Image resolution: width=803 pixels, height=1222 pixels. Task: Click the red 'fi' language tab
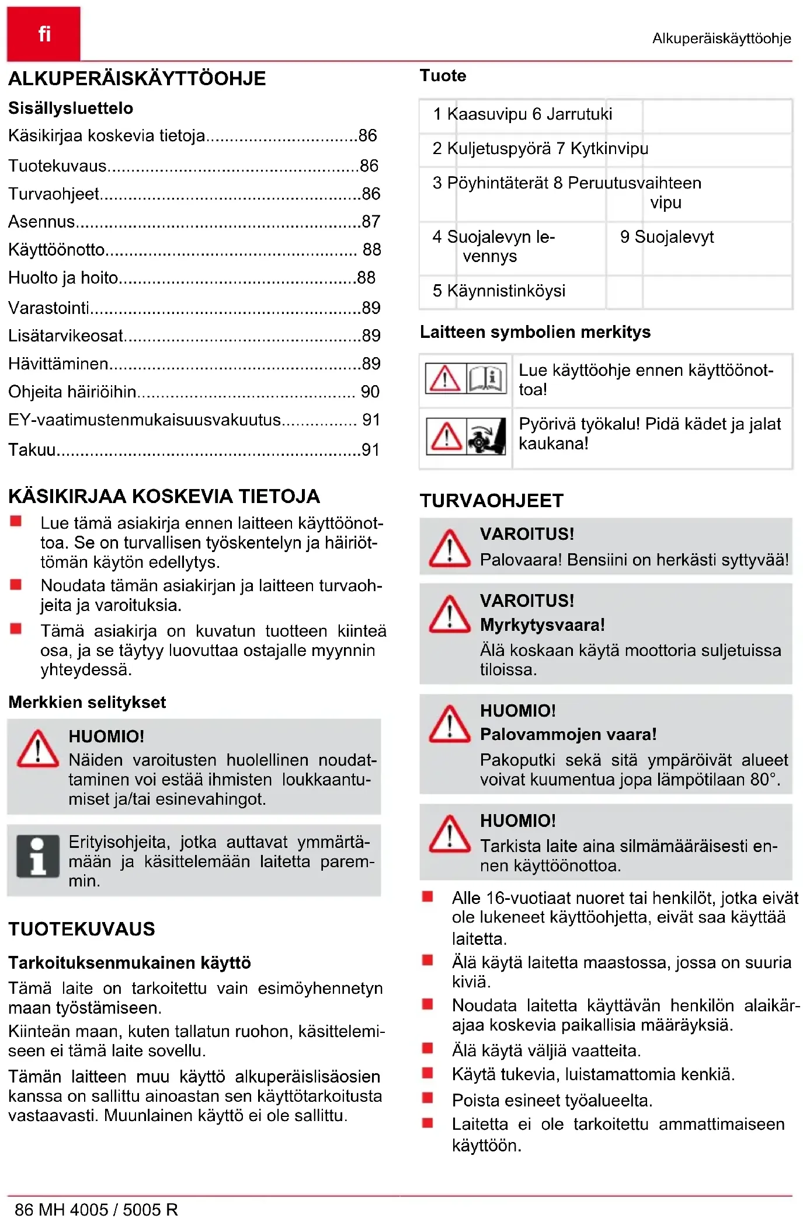coord(44,34)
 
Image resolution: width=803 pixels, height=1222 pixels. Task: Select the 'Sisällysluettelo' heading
coord(71,108)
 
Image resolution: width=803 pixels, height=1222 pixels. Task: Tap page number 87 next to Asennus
coord(371,222)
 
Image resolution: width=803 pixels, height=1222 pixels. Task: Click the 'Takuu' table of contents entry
coord(32,450)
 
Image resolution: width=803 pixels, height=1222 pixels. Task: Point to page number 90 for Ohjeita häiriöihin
coord(370,392)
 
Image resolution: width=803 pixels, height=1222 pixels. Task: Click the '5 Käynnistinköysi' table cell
coord(499,291)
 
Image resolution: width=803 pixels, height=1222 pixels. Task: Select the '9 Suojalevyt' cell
coord(667,237)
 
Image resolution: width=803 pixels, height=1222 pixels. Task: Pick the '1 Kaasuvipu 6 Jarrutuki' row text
coord(523,114)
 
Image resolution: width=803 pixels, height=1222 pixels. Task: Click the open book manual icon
coord(487,378)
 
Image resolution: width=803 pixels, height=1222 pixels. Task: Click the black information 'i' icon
coord(38,856)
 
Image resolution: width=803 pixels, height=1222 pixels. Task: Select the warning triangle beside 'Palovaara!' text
coord(449,549)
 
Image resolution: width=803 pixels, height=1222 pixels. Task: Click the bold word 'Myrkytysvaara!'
coord(543,625)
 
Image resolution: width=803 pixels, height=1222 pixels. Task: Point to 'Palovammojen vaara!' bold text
coord(568,734)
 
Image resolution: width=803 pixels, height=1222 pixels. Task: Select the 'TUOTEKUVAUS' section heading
coord(82,929)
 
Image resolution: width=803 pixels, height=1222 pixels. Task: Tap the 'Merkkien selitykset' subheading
coord(87,702)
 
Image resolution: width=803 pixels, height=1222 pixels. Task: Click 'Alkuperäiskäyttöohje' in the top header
coord(721,39)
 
